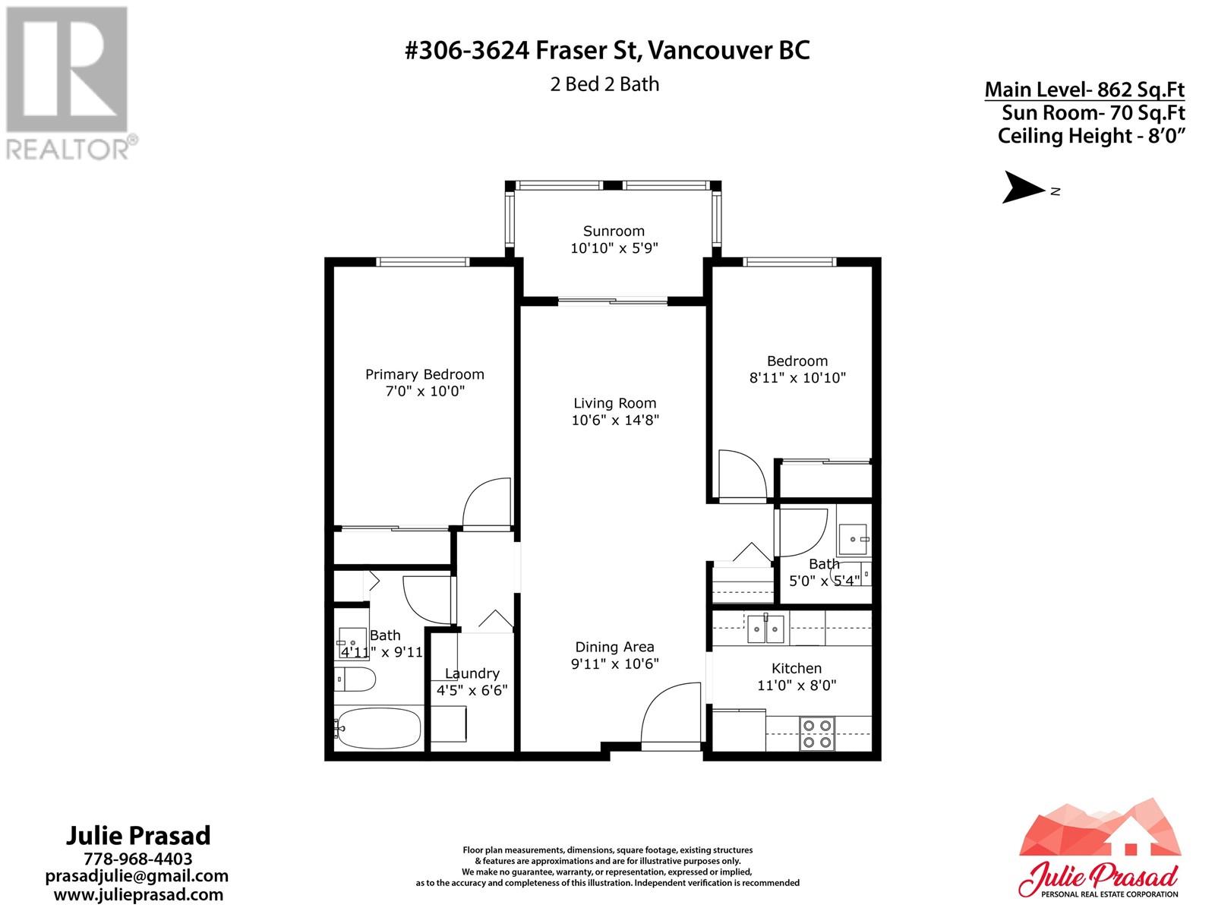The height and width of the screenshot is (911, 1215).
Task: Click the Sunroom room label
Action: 614,232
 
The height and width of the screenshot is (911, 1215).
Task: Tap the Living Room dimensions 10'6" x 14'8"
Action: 615,420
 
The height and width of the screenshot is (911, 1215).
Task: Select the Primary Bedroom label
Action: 424,374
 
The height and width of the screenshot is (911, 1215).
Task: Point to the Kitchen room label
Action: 797,668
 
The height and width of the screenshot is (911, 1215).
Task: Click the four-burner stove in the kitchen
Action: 817,733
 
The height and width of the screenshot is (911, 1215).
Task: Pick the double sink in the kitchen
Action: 766,629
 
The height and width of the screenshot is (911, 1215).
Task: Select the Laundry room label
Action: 472,673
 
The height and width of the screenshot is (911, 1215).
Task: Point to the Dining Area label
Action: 614,647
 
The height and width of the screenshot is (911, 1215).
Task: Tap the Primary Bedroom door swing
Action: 487,503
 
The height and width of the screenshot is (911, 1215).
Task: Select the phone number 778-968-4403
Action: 138,859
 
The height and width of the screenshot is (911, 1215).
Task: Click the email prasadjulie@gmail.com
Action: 137,876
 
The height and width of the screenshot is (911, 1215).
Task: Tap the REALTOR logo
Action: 68,84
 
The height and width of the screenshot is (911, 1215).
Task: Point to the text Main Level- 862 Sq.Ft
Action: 1084,90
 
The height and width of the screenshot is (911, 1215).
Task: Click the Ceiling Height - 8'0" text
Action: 1091,136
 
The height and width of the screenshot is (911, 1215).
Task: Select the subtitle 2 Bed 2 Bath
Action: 604,84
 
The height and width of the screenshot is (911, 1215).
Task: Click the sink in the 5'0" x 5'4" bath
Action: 854,539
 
